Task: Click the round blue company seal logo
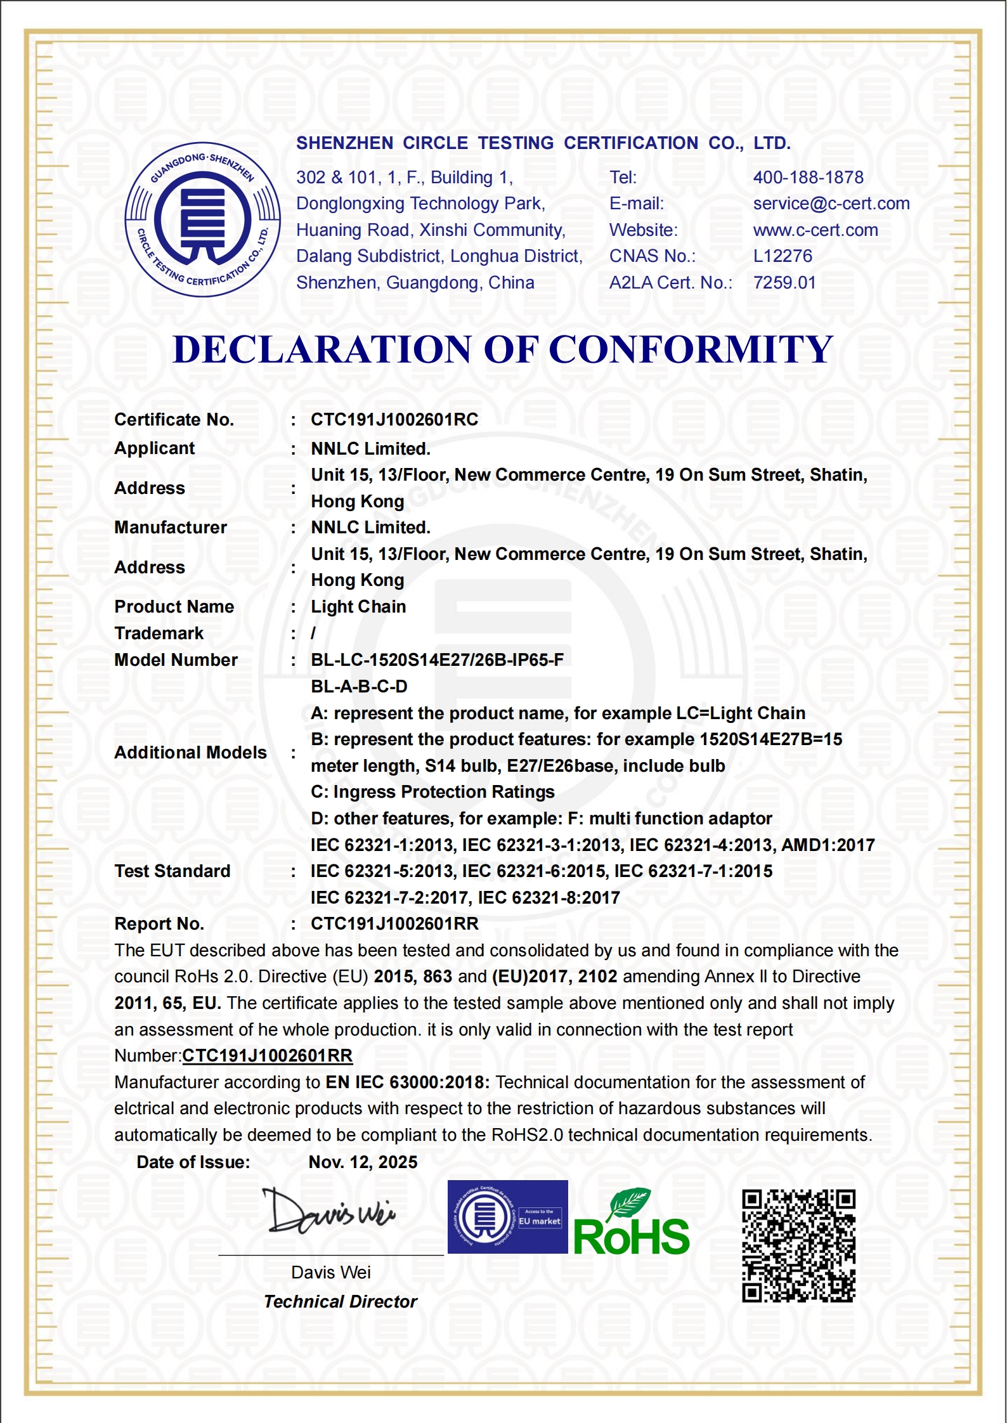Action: (x=203, y=219)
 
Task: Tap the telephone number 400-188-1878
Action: (x=808, y=178)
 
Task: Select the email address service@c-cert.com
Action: (x=831, y=204)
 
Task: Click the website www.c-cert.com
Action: (x=815, y=230)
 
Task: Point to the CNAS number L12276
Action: (x=782, y=256)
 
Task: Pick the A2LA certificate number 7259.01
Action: (x=784, y=283)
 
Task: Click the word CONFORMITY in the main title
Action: (x=690, y=349)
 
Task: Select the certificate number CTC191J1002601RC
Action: (x=394, y=420)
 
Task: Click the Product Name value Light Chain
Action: (x=358, y=607)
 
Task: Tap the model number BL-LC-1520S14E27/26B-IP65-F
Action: (x=437, y=660)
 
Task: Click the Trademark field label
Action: (x=159, y=634)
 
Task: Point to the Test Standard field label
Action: (x=172, y=871)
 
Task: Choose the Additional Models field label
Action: (x=190, y=753)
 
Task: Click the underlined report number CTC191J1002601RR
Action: (x=267, y=1056)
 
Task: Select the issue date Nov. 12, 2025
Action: (x=363, y=1162)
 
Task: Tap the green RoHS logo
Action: (x=631, y=1224)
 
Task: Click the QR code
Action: (x=798, y=1246)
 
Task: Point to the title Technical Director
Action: (x=340, y=1302)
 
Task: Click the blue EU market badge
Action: (x=507, y=1217)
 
